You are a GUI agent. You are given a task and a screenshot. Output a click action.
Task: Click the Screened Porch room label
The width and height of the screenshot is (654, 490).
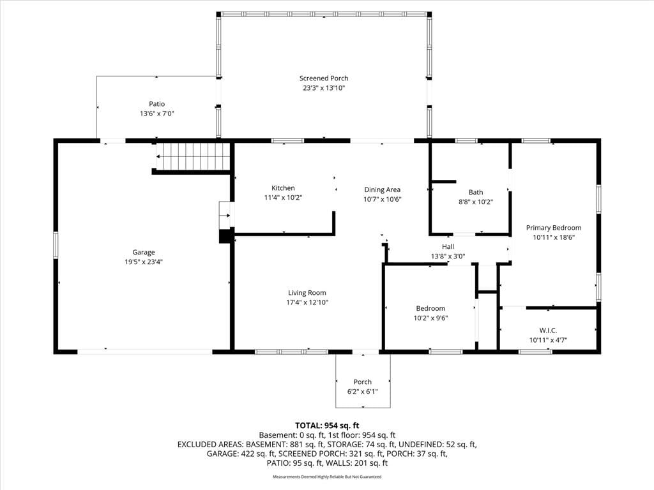pos(324,78)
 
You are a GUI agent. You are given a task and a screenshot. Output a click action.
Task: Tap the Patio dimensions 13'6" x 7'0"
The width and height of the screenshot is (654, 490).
pos(157,114)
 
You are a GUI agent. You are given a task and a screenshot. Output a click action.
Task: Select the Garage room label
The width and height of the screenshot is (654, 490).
pos(144,252)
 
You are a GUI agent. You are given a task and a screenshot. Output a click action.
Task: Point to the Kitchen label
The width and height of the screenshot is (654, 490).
pos(283,188)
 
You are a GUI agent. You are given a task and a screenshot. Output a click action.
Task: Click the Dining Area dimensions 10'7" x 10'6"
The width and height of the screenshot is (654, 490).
pos(383,199)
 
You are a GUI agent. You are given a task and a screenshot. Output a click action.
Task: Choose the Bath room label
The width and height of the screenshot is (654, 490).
pos(476,192)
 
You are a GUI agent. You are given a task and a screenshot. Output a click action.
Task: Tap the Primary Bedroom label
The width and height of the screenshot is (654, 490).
pos(554,228)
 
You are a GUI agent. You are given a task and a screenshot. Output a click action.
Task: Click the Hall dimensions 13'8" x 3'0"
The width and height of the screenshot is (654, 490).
pos(448,256)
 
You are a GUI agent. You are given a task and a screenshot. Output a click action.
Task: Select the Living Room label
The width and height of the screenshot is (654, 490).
pos(307,292)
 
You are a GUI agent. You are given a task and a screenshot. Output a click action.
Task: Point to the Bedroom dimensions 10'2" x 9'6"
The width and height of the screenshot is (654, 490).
pos(430,318)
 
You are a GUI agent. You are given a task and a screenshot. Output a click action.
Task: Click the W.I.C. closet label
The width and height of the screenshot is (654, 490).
pos(548,330)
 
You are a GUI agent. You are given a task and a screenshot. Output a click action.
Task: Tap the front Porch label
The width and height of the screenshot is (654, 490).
pos(363,382)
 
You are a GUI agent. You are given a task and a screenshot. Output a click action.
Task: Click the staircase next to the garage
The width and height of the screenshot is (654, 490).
pos(193,157)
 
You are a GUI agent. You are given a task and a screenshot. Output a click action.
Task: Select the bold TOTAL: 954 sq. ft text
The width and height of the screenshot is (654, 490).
pos(327,426)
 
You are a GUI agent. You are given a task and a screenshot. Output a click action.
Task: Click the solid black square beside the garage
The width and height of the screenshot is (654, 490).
pos(225,236)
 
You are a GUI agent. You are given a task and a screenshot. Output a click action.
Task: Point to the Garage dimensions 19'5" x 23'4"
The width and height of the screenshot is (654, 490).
pos(144,262)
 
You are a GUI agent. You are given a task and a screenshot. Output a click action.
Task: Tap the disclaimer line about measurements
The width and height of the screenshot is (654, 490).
pos(327,477)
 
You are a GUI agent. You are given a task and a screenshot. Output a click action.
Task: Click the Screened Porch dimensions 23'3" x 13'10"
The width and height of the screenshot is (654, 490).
pos(324,88)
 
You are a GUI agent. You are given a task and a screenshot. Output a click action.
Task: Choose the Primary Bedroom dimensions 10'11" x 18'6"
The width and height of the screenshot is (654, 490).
pos(554,237)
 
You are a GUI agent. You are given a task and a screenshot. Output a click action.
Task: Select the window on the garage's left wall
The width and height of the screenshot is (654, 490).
pos(56,245)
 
